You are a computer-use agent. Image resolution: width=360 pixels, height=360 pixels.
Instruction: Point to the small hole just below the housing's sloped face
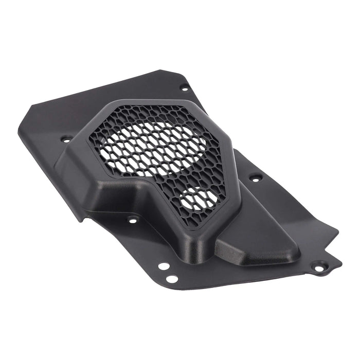tap(133, 220)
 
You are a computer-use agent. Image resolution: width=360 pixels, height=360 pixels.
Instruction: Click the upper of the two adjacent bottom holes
tap(164, 266)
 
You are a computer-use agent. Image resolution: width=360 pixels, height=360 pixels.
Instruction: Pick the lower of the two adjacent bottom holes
tap(172, 279)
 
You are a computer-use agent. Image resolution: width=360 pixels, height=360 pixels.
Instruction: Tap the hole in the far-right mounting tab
tap(319, 268)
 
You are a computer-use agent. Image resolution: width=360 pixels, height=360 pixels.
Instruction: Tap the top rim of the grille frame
tap(154, 103)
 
